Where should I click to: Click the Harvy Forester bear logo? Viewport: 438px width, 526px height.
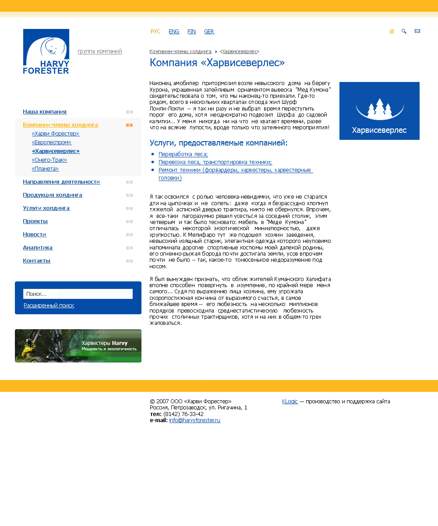click(x=46, y=51)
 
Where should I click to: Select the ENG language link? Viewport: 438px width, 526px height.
click(x=174, y=32)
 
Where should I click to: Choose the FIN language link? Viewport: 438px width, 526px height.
click(x=191, y=32)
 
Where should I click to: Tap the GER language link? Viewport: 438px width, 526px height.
click(x=209, y=32)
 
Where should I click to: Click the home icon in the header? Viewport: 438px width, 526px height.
click(x=392, y=31)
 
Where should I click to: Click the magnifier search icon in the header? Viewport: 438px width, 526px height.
click(x=404, y=31)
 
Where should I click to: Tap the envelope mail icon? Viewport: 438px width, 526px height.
click(x=417, y=31)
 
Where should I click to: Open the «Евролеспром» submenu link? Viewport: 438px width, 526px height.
click(x=52, y=142)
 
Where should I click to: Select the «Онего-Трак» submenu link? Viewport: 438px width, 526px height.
click(x=49, y=160)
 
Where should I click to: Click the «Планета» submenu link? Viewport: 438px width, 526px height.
click(x=45, y=169)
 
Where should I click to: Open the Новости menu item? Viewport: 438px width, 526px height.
click(x=35, y=235)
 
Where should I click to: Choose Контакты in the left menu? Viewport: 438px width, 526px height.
click(x=37, y=261)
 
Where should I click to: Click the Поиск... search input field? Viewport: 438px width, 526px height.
click(x=78, y=294)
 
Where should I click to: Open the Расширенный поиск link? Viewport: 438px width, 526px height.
click(x=49, y=306)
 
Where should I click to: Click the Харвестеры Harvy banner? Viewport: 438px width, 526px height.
click(x=78, y=346)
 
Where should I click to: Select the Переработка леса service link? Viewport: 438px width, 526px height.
click(x=183, y=154)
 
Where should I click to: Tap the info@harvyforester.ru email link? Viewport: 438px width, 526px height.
click(x=194, y=420)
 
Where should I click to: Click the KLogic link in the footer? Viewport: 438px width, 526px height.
click(x=290, y=402)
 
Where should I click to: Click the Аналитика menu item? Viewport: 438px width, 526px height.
click(x=38, y=248)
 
